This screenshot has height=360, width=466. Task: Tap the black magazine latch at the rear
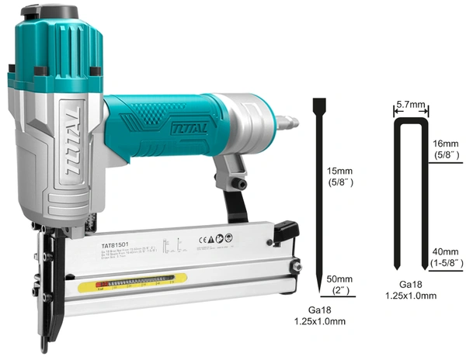click(287, 230)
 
